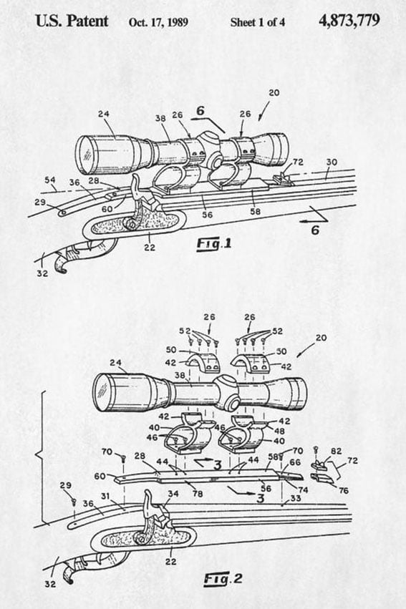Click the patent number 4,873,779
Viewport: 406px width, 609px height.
(x=349, y=21)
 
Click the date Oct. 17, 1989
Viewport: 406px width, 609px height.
(x=158, y=22)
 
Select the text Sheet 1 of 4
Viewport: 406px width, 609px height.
(x=257, y=22)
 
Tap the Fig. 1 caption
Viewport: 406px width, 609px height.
(x=213, y=244)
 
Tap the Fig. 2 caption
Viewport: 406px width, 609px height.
(x=223, y=579)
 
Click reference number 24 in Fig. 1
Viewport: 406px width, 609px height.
(x=103, y=114)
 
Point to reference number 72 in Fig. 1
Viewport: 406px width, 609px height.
(x=298, y=162)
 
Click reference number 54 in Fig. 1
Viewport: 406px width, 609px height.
(x=49, y=180)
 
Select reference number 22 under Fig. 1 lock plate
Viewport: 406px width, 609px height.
(x=150, y=248)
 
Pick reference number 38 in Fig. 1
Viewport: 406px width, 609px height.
(x=160, y=118)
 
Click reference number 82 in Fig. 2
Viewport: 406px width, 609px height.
(x=336, y=452)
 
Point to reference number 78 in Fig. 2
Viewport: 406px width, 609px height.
(x=198, y=494)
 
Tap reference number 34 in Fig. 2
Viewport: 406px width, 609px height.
(x=173, y=494)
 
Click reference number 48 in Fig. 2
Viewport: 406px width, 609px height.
(x=279, y=431)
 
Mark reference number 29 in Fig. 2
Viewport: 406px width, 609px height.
(x=66, y=485)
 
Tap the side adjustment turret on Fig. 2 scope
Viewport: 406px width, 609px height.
(x=233, y=404)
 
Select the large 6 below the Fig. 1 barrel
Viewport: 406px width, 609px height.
(x=315, y=230)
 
